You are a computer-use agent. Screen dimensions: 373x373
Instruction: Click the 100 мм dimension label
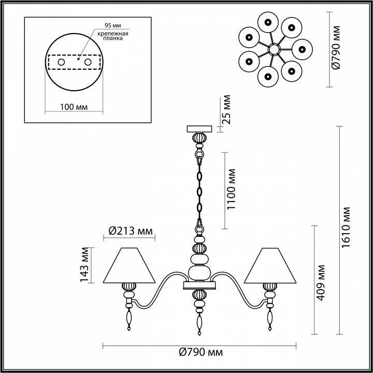click(74, 107)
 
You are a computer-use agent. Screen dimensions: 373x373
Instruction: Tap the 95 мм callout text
click(113, 25)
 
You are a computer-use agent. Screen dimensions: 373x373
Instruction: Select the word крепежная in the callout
click(113, 34)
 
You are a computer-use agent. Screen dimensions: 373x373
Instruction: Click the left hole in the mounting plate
click(61, 62)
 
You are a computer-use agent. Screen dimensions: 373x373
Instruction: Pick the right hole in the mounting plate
click(88, 62)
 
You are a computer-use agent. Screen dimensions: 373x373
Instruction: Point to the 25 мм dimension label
click(226, 109)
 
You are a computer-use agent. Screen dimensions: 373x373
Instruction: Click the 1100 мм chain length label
click(231, 190)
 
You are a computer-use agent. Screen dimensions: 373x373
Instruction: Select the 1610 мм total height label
click(346, 227)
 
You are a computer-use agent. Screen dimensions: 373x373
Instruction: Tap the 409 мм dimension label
click(321, 283)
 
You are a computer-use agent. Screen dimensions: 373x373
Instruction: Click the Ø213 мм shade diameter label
click(131, 231)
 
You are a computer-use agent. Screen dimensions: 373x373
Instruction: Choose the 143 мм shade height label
click(84, 265)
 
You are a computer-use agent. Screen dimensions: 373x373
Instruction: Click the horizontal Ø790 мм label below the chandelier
click(201, 352)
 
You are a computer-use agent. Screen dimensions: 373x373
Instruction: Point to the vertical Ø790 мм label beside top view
click(336, 47)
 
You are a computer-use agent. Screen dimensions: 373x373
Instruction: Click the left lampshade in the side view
click(129, 265)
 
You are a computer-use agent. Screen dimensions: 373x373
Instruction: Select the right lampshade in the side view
click(270, 265)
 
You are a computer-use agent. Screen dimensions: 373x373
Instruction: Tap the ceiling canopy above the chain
click(199, 129)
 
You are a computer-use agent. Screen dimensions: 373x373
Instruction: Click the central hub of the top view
click(274, 50)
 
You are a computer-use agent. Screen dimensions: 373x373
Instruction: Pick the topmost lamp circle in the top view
click(268, 22)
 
